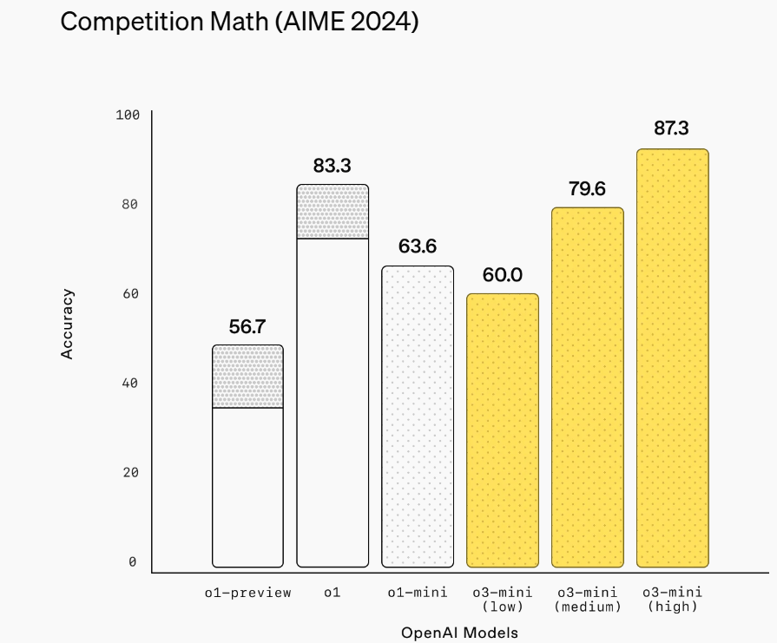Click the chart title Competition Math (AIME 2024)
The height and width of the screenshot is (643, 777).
pyautogui.click(x=239, y=23)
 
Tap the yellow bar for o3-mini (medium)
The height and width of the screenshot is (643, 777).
pyautogui.click(x=588, y=387)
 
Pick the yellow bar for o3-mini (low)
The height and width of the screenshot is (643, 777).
pyautogui.click(x=503, y=430)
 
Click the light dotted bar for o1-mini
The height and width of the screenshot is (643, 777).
pyautogui.click(x=418, y=417)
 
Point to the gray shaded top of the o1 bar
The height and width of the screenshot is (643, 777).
pyautogui.click(x=333, y=211)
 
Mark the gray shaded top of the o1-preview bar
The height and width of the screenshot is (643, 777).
pyautogui.click(x=247, y=376)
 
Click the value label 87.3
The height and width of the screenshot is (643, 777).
pyautogui.click(x=671, y=128)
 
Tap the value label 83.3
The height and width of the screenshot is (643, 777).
pyautogui.click(x=333, y=165)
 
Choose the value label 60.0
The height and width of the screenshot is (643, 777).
pyautogui.click(x=503, y=275)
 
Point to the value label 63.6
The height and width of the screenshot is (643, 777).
pyautogui.click(x=418, y=246)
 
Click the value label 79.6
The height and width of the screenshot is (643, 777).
pyautogui.click(x=588, y=188)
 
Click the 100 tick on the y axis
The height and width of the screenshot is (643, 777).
pyautogui.click(x=127, y=115)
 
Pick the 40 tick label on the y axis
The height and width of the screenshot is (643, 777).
pyautogui.click(x=129, y=383)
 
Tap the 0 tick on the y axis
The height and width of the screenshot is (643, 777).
pyautogui.click(x=133, y=562)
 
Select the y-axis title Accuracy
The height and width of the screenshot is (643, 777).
pyautogui.click(x=68, y=324)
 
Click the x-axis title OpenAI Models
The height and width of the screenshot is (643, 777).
pyautogui.click(x=459, y=633)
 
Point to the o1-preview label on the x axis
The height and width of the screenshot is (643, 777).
pyautogui.click(x=247, y=593)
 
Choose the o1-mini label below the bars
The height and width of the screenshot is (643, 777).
pyautogui.click(x=418, y=593)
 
